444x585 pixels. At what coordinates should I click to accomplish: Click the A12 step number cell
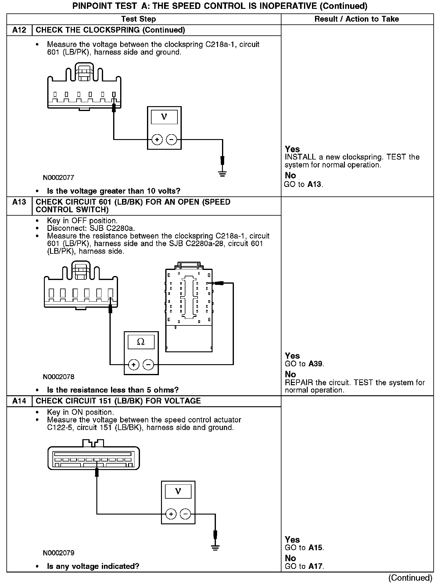19,30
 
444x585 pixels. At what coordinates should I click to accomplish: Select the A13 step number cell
19,202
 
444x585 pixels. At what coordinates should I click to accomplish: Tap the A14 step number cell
19,401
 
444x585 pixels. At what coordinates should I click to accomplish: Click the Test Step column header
138,19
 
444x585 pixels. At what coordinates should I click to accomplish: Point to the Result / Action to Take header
356,19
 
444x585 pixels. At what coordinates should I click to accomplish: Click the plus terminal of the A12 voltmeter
157,140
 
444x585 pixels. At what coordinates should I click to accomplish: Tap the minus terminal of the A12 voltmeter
171,140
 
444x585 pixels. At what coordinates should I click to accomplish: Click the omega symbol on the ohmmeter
141,342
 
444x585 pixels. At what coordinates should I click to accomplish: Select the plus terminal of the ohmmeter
134,364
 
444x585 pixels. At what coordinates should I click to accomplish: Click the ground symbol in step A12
222,174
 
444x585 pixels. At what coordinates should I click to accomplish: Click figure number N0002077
59,178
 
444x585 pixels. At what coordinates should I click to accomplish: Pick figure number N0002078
59,377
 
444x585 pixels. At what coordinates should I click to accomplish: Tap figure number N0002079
59,553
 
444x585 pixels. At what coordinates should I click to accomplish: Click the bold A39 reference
316,364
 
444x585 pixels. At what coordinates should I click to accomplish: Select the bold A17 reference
315,566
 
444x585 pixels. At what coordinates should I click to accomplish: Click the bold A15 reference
315,548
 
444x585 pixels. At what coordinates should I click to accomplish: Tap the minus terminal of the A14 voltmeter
185,514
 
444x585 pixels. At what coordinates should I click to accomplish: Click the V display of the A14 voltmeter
178,492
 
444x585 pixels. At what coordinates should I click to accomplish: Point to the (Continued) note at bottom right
410,578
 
